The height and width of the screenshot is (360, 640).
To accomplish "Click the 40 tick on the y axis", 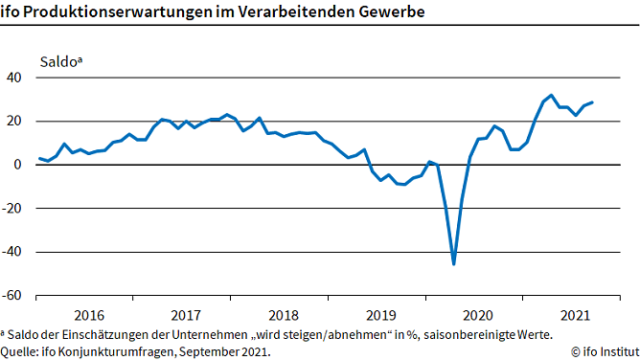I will point(15,78).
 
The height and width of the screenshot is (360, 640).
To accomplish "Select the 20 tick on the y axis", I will point(15,122).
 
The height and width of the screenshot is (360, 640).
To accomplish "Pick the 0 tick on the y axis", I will point(19,165).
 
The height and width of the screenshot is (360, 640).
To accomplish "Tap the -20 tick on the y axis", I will point(13,209).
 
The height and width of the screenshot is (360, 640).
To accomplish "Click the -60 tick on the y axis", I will point(13,296).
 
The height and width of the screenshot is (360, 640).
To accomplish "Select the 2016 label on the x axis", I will point(89,315).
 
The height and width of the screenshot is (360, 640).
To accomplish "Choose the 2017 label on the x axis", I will point(186,315).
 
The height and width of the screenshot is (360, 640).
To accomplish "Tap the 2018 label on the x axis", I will point(283,315).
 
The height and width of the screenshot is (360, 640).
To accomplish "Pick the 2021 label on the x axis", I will point(573,315).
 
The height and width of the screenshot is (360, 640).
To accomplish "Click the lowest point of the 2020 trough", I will point(453,263).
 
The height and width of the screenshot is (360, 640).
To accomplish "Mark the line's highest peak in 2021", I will point(551,95).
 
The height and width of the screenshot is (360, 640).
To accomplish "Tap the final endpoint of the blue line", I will point(592,102).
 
